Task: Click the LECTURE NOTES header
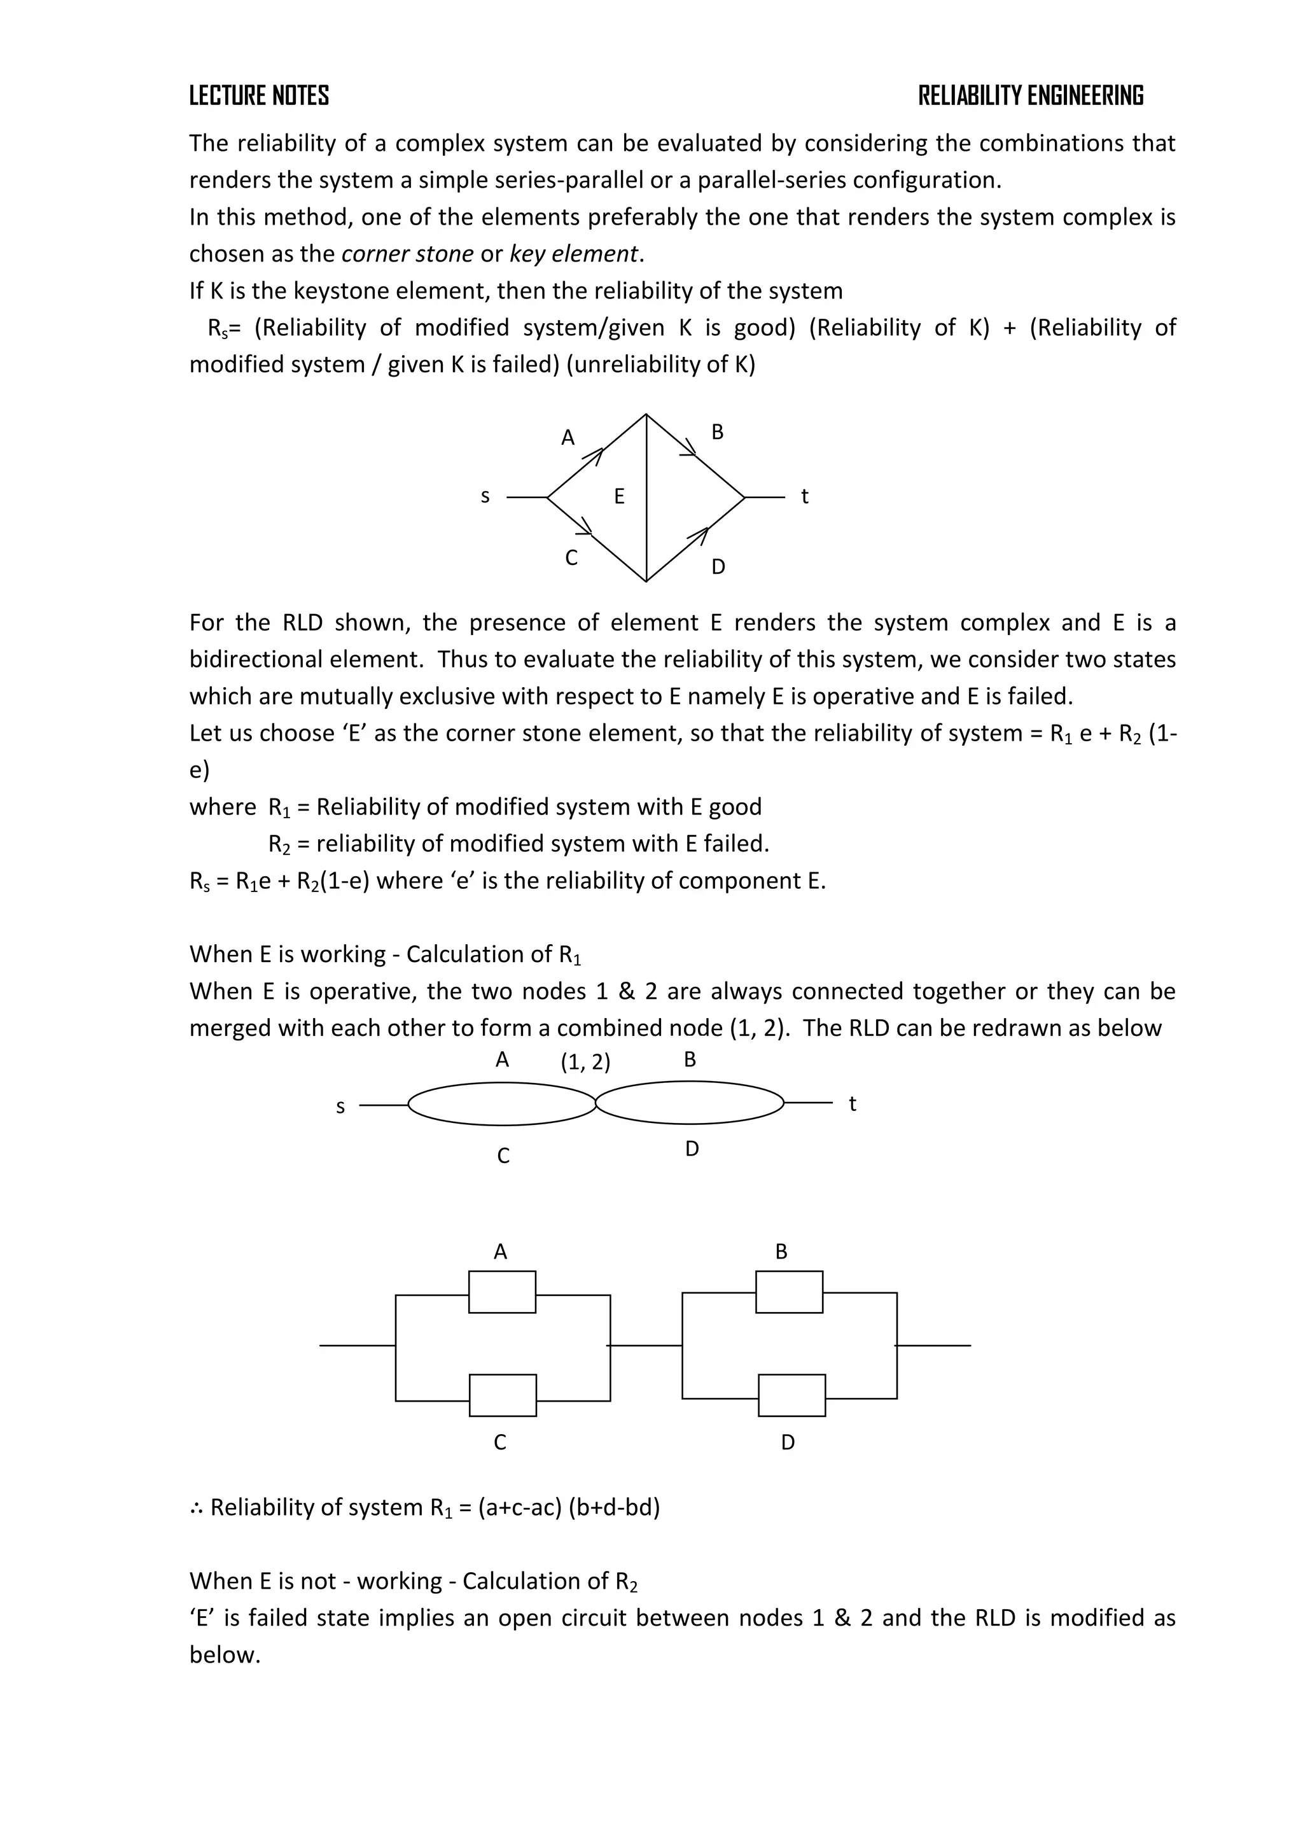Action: (258, 96)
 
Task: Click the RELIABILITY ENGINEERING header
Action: (1030, 96)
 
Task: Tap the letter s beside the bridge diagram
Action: (485, 496)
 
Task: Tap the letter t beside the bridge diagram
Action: (804, 496)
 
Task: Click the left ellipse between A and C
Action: (502, 1104)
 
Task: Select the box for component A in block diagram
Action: (502, 1292)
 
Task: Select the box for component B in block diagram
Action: (789, 1292)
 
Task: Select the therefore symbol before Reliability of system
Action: (197, 1509)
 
